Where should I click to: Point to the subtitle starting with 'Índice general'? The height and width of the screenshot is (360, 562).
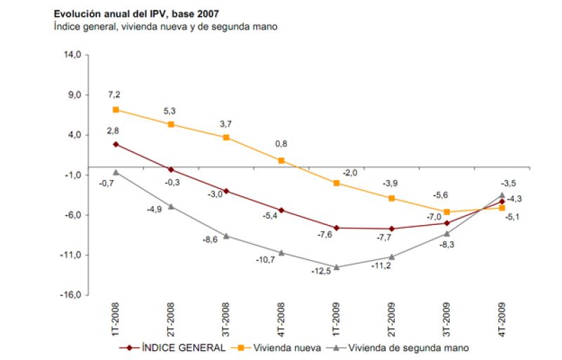point(166,26)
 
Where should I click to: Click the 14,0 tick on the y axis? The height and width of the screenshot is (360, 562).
point(72,54)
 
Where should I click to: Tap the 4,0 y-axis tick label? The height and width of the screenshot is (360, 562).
point(74,134)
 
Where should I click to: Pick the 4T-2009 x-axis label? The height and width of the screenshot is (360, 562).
point(502,319)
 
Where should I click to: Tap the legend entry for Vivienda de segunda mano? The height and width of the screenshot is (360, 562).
point(400,347)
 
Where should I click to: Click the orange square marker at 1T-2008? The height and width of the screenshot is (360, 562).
point(116,110)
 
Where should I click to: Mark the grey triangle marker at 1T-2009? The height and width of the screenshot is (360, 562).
point(337,267)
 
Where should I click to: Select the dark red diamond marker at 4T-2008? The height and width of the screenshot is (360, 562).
point(282,210)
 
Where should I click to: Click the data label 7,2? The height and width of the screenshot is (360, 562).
point(115,94)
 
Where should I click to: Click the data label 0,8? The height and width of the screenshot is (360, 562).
point(281,144)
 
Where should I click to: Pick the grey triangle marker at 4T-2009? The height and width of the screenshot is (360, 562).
point(502,195)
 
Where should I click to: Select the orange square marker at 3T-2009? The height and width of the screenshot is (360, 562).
point(447,212)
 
